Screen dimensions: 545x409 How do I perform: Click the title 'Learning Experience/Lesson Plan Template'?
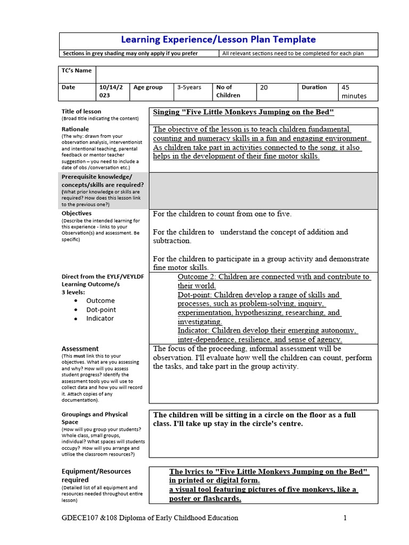[218, 40]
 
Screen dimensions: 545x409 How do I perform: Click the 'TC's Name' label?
[77, 71]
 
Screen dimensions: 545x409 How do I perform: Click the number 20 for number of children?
[264, 88]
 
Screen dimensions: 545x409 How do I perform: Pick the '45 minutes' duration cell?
[354, 92]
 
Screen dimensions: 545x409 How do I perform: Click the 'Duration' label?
[314, 87]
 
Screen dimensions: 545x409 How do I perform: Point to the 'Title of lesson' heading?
[81, 111]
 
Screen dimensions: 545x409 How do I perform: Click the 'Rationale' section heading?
[76, 129]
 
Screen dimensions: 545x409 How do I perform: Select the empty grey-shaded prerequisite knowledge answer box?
[263, 191]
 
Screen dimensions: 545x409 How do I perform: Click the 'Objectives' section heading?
[77, 213]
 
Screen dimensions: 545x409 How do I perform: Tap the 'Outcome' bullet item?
[100, 301]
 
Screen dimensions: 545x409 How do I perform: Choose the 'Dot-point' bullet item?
[101, 310]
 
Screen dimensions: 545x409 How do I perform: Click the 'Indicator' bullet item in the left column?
[100, 318]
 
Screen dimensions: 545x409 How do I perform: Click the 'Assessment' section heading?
[80, 349]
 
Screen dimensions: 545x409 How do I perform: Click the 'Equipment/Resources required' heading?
[96, 475]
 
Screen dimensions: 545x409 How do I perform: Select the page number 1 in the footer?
[345, 518]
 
